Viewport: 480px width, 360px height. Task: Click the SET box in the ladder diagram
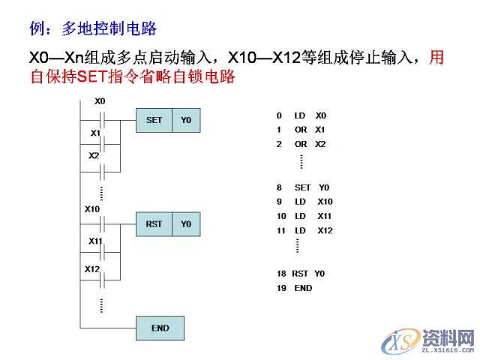click(x=154, y=120)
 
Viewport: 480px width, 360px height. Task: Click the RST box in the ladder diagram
click(x=154, y=224)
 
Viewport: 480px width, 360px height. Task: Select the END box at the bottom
click(x=160, y=328)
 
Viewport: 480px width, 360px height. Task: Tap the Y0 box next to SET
click(x=186, y=120)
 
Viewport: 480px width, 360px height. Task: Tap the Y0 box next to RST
click(x=186, y=224)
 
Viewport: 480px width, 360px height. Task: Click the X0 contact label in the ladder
click(x=100, y=100)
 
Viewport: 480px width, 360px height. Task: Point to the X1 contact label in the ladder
click(x=95, y=133)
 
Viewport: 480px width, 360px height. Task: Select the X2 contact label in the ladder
click(x=94, y=156)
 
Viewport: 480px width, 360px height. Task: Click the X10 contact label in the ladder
click(x=92, y=208)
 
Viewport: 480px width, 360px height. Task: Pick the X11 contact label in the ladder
click(x=95, y=241)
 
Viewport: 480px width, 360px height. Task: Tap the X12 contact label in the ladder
click(x=92, y=268)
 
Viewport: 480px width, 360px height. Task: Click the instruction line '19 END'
click(x=294, y=288)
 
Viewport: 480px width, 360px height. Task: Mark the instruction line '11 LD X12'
click(x=304, y=230)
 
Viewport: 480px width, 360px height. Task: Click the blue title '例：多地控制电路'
click(x=92, y=28)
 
